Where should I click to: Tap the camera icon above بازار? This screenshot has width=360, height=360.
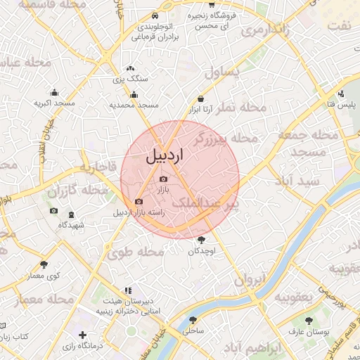point(163,179)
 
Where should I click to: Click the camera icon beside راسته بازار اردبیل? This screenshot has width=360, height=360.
point(138,202)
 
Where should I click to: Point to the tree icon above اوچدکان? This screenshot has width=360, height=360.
point(202,240)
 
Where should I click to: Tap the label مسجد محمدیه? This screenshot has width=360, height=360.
point(134,105)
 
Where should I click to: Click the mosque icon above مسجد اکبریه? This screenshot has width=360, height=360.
point(54,92)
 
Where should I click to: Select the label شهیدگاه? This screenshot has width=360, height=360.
point(71,224)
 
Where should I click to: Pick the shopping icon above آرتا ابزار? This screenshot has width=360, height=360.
point(201,99)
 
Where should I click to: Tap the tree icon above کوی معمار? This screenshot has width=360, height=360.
point(44,265)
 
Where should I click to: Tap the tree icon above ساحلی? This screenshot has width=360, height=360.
point(193,319)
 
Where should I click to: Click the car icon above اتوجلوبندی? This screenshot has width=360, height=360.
point(154,16)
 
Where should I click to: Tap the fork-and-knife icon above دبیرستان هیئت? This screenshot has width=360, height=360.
point(127,290)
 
